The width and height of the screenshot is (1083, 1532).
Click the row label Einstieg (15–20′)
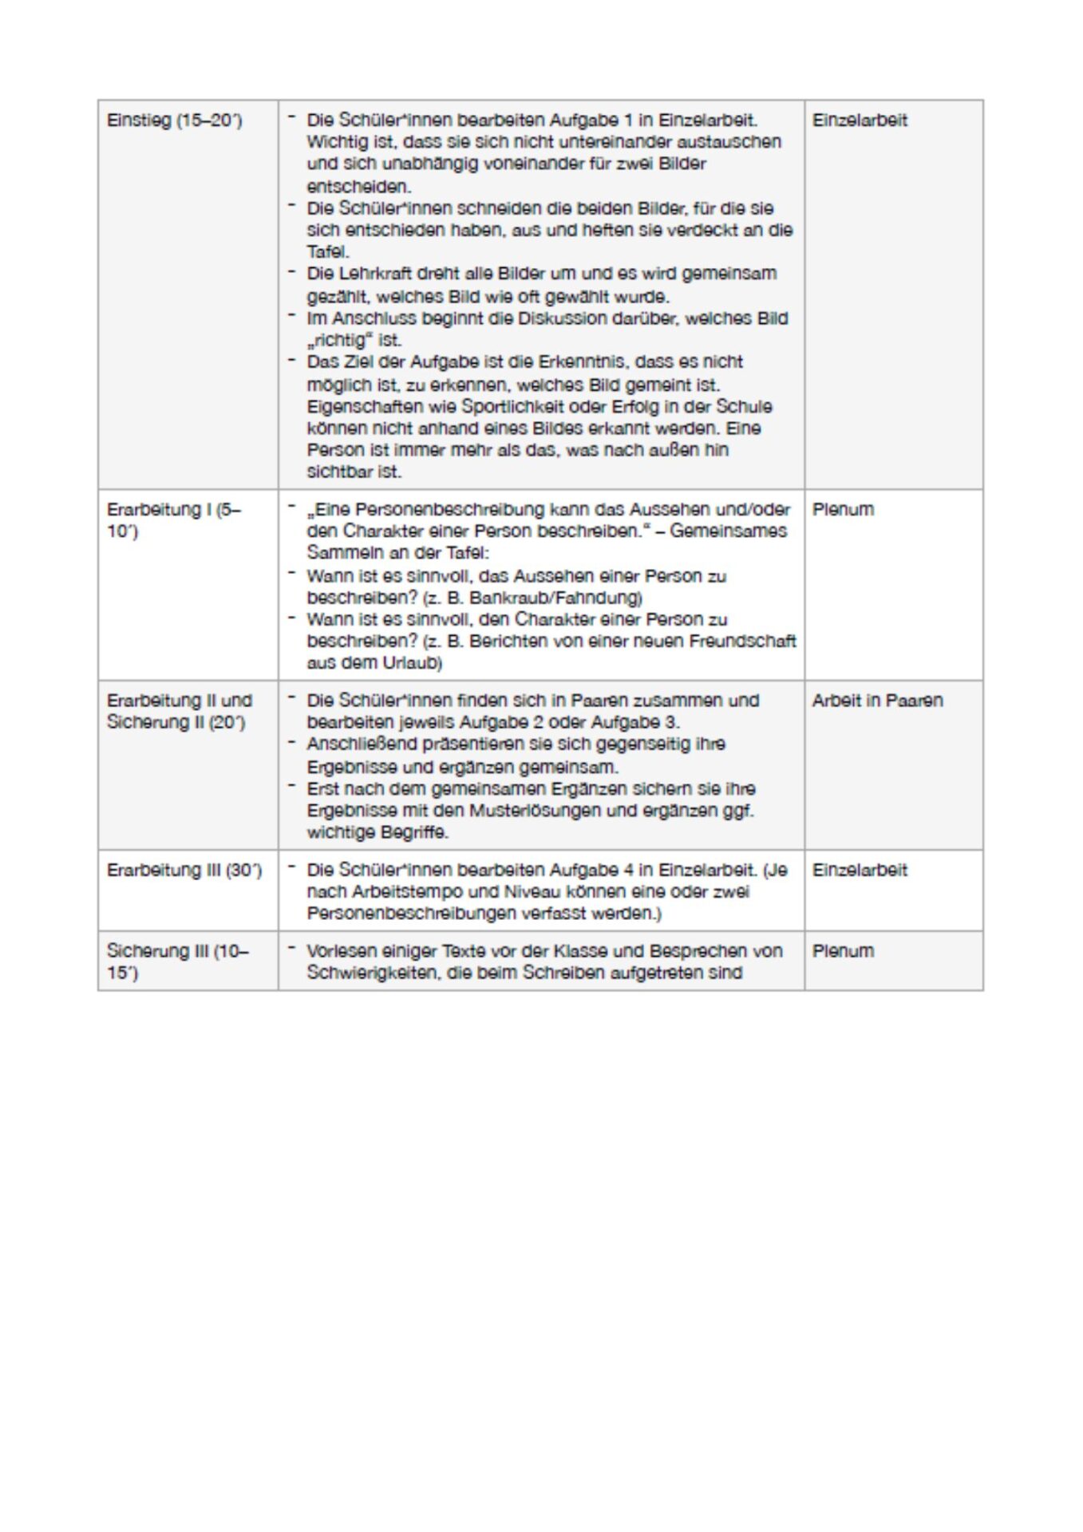click(x=174, y=120)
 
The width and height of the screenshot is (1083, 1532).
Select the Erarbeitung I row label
click(x=173, y=519)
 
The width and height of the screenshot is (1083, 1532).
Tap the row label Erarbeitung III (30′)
click(x=184, y=870)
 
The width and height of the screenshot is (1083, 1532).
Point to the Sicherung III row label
click(x=177, y=961)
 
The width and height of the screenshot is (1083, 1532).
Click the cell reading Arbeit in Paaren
click(x=877, y=701)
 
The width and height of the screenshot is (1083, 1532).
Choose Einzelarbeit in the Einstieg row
click(x=860, y=120)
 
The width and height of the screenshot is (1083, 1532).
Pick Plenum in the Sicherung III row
click(x=843, y=951)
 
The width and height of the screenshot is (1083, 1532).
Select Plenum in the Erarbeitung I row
click(x=843, y=509)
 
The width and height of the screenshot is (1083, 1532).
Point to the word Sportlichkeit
click(x=513, y=406)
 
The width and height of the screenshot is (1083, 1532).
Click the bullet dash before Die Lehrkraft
click(x=293, y=272)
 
